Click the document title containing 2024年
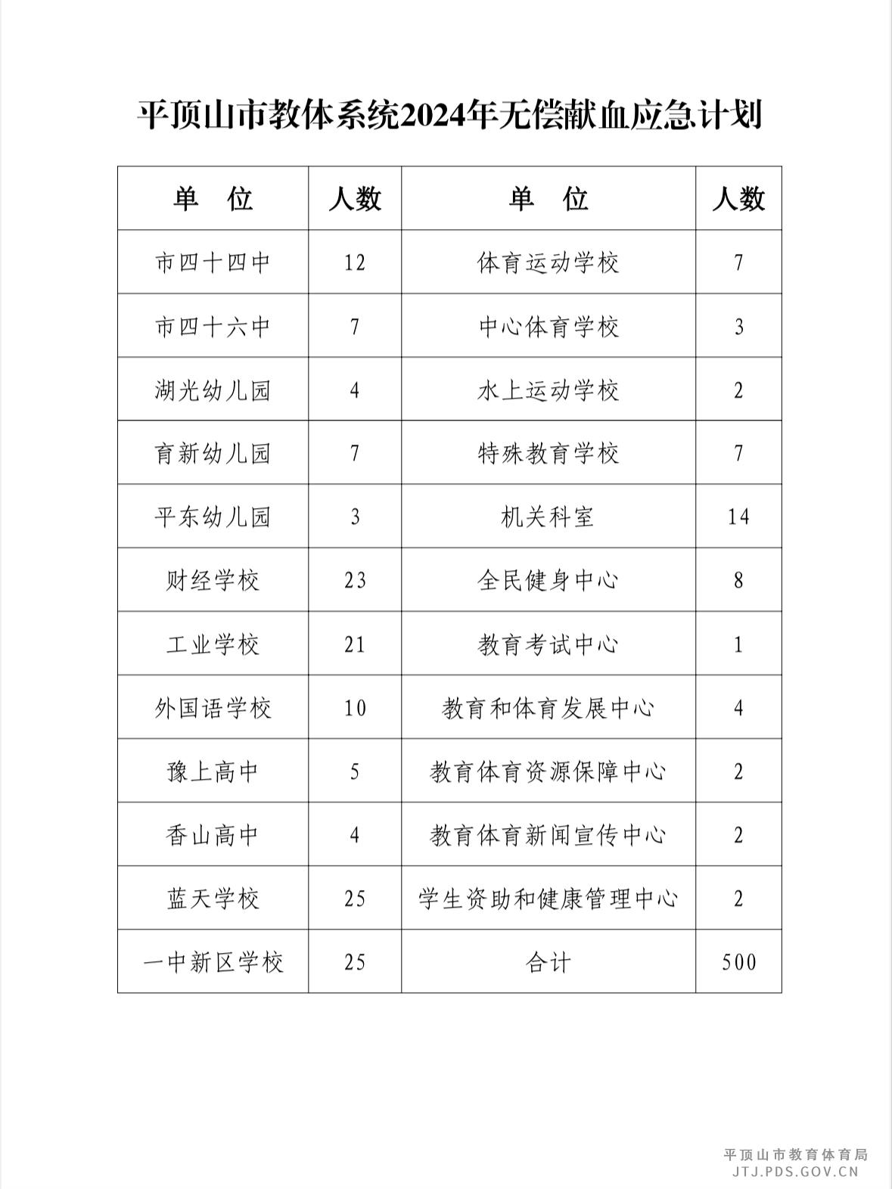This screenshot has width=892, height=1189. click(449, 116)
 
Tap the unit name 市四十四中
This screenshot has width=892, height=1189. click(213, 262)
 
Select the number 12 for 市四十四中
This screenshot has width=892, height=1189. click(354, 262)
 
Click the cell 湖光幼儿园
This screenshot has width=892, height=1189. click(213, 390)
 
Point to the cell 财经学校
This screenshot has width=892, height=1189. click(213, 581)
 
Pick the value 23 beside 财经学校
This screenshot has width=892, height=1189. click(354, 581)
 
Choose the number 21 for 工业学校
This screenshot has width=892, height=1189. click(354, 644)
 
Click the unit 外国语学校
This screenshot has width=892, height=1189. click(213, 709)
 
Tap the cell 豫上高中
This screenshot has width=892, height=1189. click(213, 772)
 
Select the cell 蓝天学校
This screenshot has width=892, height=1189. click(213, 899)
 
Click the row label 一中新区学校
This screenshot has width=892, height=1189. click(213, 963)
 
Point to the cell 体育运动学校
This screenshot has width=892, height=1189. click(548, 262)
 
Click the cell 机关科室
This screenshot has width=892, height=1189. click(548, 517)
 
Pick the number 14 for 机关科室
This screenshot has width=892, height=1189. click(738, 517)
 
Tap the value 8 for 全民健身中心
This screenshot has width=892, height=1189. click(738, 581)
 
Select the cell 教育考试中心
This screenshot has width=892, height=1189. click(548, 644)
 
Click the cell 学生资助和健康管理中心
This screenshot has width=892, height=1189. click(548, 899)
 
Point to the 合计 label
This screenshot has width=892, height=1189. click(548, 963)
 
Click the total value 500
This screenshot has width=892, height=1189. click(738, 963)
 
